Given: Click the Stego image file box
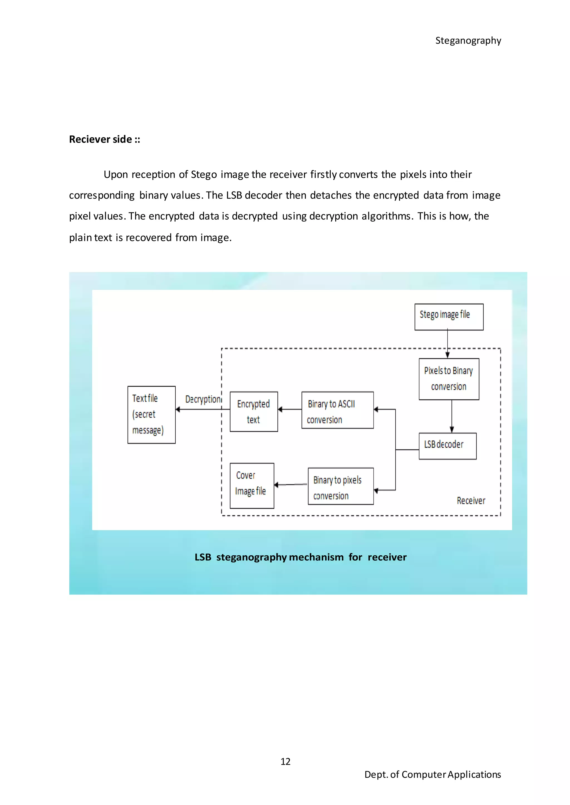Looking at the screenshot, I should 449,317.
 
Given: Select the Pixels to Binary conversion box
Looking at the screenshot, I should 449,379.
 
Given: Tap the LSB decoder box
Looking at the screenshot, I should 447,446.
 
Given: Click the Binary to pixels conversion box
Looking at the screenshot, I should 340,486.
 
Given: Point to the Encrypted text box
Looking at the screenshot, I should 254,411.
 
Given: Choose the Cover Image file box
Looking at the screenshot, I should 252,485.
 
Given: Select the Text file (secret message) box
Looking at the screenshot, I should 151,414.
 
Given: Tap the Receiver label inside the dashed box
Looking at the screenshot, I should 471,500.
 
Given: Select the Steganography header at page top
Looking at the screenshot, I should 468,41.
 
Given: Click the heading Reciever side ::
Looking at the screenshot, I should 105,139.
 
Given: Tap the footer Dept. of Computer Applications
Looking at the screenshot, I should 433,774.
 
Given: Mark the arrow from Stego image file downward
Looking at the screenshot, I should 448,344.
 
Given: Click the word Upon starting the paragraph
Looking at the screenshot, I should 116,174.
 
